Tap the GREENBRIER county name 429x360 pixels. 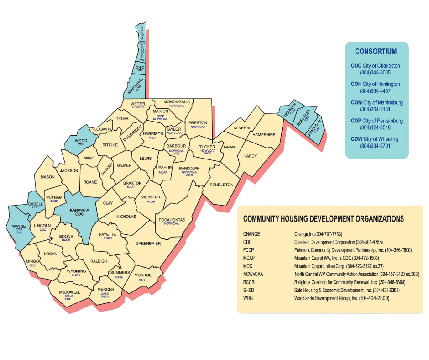(148, 244)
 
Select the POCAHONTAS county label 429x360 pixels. (172, 220)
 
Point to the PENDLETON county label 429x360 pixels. (221, 185)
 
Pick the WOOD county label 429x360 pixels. (81, 141)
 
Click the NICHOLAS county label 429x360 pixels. (126, 217)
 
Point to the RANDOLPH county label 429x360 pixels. (189, 168)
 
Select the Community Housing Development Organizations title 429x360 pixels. (323, 219)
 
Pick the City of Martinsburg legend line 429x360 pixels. (377, 102)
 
